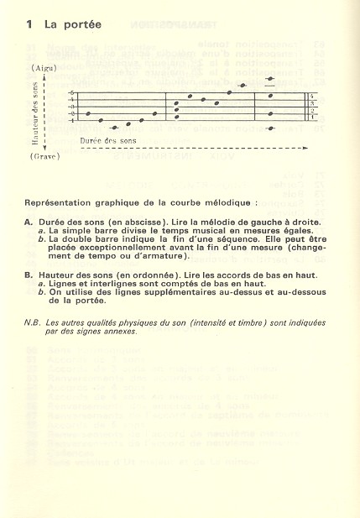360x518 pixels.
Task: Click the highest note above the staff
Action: (x=270, y=79)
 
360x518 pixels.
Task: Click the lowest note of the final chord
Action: (x=270, y=128)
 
